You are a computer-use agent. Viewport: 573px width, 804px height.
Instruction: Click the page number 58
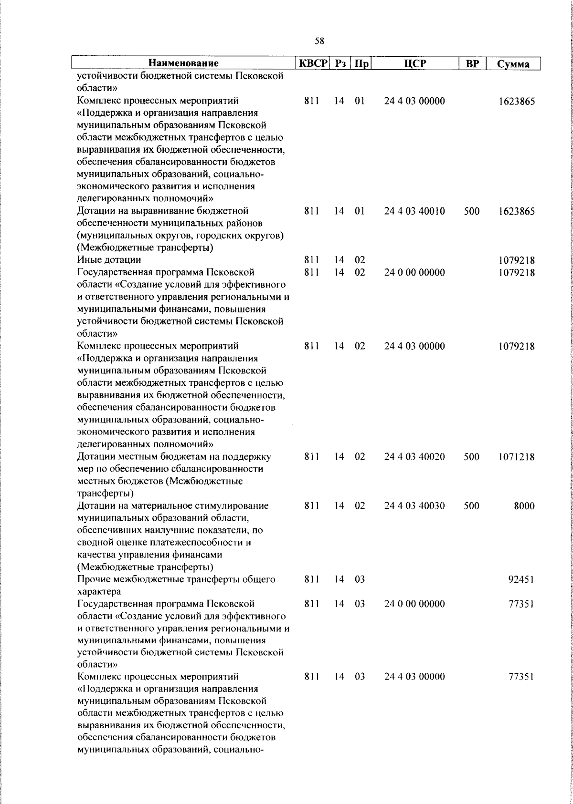319,41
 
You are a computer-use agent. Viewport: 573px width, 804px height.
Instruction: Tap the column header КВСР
313,63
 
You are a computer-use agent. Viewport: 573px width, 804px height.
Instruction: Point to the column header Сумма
513,64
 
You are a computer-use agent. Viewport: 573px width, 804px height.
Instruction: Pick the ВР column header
472,63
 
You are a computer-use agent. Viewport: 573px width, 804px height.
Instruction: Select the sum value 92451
521,580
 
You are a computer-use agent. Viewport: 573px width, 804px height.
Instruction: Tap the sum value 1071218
517,457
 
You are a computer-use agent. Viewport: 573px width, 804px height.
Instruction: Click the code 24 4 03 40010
414,211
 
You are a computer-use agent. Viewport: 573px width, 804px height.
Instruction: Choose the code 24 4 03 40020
414,457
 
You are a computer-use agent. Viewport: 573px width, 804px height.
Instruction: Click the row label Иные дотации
109,260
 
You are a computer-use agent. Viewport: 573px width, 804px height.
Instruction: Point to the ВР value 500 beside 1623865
471,211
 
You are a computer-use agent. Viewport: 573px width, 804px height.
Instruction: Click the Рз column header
340,63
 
